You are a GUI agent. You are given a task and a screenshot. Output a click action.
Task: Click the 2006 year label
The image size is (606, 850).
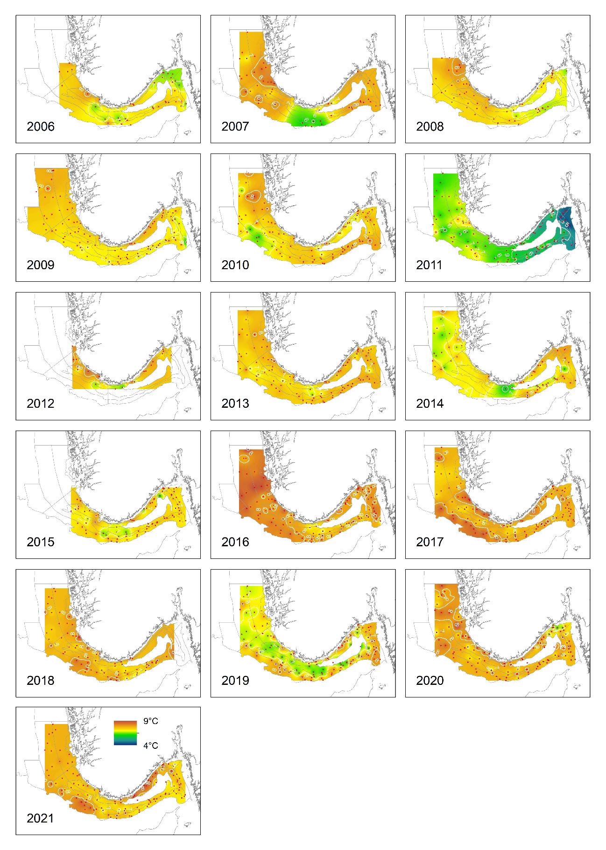click(41, 126)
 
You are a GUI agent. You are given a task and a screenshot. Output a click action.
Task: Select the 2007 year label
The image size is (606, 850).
click(235, 126)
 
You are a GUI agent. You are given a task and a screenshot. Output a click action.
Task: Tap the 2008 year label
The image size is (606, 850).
click(430, 126)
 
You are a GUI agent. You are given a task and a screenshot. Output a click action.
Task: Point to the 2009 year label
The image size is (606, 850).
click(41, 265)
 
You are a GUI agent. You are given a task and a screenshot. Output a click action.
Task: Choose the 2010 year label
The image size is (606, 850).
click(235, 265)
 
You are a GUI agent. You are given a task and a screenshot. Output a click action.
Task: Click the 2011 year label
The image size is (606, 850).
click(430, 265)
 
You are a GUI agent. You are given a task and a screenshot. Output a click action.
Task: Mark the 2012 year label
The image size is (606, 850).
click(41, 404)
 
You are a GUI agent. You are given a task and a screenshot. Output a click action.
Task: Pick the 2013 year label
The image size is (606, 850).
click(235, 404)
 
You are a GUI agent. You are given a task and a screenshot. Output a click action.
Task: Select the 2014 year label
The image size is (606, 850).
click(430, 404)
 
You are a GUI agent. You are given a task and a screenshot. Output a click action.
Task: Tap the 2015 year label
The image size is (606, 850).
click(41, 542)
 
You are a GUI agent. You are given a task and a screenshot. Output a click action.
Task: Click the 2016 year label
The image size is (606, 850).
click(235, 542)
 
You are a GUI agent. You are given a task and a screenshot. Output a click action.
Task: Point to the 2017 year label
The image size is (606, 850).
click(430, 542)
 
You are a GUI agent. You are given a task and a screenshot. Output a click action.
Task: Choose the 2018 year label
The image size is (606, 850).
click(41, 681)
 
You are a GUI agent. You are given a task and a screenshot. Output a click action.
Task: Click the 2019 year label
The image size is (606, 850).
click(235, 681)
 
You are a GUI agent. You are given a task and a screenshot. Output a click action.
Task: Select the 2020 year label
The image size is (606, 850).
click(430, 681)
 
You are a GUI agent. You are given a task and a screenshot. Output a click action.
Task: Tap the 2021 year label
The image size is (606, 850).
click(41, 818)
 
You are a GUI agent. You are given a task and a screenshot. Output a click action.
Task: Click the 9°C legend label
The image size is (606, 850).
click(150, 721)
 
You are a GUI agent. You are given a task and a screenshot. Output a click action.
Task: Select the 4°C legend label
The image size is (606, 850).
click(150, 745)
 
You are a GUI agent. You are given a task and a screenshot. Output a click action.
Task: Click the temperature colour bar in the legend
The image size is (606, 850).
click(125, 733)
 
